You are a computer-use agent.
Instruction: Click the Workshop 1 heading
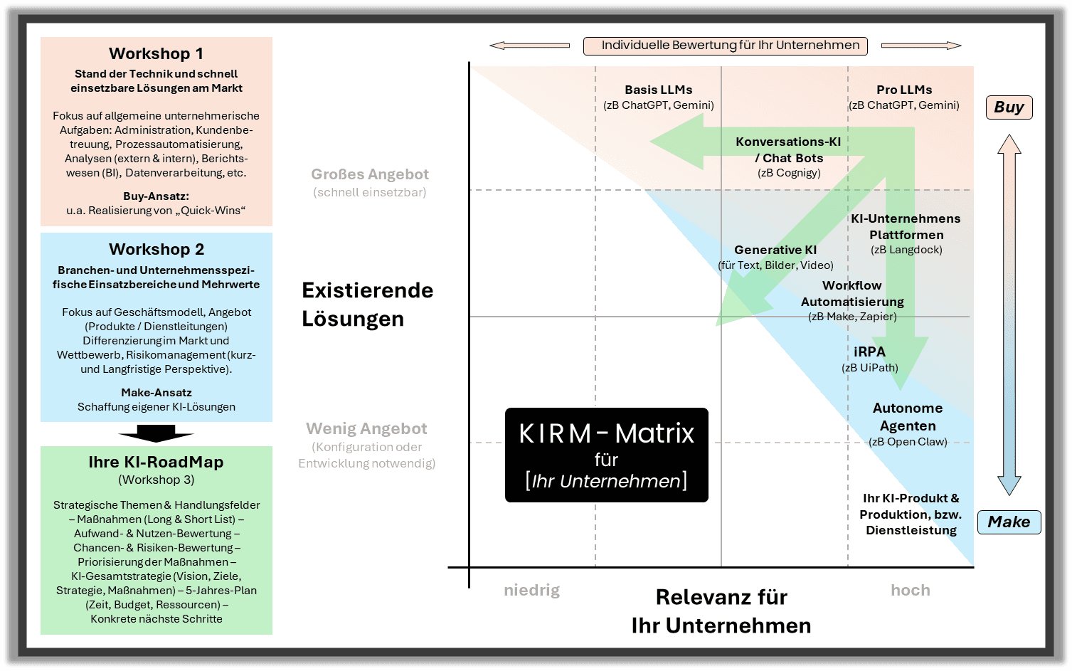tap(156, 53)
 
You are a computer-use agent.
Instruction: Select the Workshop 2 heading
tap(156, 249)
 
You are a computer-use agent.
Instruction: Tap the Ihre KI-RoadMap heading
tap(156, 462)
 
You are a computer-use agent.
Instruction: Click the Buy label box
tap(1009, 107)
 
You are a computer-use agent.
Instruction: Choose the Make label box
tap(1009, 522)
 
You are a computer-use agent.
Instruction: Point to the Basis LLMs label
tap(658, 90)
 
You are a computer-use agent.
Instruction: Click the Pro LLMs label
tap(904, 90)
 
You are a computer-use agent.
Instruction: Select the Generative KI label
tap(775, 250)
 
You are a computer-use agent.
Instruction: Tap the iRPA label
tap(869, 352)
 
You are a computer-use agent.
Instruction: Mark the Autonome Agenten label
tap(908, 417)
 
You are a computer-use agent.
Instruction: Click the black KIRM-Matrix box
tap(606, 455)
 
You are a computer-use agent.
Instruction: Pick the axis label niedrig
tap(531, 590)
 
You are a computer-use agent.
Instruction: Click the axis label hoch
tap(911, 590)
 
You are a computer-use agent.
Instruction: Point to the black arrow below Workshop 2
tap(156, 433)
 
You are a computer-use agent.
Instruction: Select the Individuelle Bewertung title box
tap(726, 46)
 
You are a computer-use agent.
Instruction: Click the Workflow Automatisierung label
tap(852, 293)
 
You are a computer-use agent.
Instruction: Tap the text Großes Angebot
tap(370, 174)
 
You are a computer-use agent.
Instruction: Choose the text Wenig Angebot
tap(366, 428)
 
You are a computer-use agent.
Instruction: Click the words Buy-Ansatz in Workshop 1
tap(156, 196)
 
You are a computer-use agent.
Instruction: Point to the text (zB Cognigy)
tap(789, 173)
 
